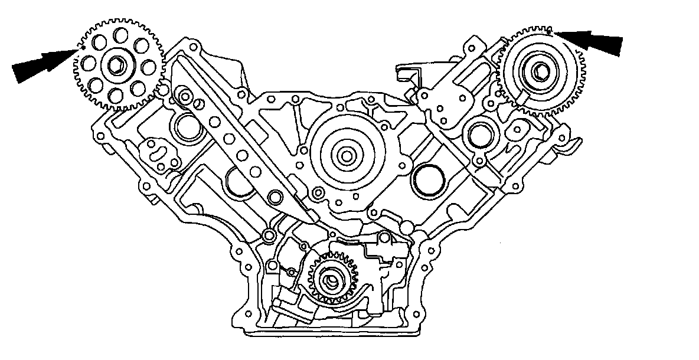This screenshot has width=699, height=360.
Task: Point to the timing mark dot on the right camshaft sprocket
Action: pyautogui.click(x=549, y=30)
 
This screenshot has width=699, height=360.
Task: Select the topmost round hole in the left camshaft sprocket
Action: pyautogui.click(x=122, y=35)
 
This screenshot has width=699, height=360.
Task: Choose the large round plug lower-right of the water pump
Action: pyautogui.click(x=427, y=181)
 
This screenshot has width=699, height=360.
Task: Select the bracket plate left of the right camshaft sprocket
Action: pyautogui.click(x=452, y=89)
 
